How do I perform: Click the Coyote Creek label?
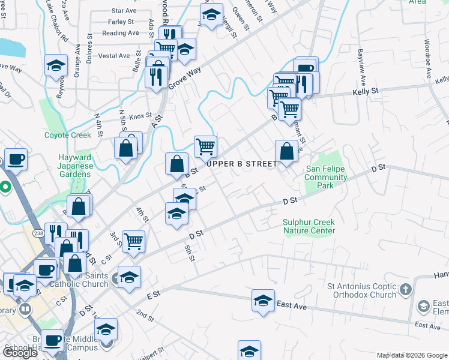(68, 135)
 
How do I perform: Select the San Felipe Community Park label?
(325, 177)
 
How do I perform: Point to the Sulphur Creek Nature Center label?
(309, 226)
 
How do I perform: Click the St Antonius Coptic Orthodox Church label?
(362, 290)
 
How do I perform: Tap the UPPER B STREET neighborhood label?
(243, 164)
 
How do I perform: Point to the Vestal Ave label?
(114, 56)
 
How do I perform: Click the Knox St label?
(140, 116)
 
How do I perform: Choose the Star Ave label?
(124, 11)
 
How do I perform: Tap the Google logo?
(20, 353)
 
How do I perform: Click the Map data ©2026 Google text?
(412, 355)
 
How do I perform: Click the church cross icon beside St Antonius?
(406, 289)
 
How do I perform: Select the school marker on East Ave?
(263, 301)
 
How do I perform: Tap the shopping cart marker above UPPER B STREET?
(205, 146)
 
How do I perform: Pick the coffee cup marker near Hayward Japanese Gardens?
(16, 160)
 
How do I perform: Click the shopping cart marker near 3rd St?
(133, 241)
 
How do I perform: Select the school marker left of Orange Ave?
(56, 65)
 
